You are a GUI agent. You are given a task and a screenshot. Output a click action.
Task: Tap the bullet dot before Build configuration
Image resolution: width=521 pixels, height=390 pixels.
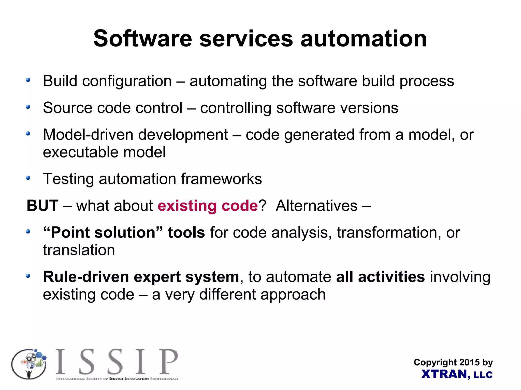28,80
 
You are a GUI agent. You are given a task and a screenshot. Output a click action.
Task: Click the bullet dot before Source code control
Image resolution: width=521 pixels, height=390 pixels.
28,107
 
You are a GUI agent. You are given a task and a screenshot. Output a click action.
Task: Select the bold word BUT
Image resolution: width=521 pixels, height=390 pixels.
42,206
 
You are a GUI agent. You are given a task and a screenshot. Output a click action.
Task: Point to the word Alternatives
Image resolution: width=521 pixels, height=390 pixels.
316,206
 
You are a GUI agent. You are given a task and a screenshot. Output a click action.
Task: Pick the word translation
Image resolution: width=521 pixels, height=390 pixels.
79,250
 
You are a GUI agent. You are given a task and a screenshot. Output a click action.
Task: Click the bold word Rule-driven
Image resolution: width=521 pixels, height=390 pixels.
86,277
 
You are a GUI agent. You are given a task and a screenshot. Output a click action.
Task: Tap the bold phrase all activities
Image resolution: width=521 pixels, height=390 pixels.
380,277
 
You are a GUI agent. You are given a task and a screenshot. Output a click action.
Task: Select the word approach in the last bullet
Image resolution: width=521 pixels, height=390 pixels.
293,294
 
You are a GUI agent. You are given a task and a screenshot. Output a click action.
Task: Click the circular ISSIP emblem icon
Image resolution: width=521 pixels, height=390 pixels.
29,364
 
